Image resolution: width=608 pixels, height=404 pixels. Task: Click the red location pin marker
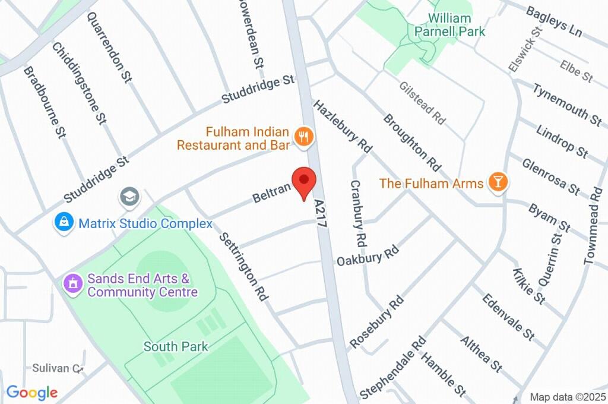click(x=305, y=182)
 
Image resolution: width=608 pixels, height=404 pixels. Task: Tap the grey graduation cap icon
click(x=129, y=197)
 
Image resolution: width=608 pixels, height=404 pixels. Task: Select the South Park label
click(x=176, y=346)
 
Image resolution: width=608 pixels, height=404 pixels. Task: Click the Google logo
click(x=32, y=392)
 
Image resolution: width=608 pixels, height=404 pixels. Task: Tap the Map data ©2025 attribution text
click(x=568, y=397)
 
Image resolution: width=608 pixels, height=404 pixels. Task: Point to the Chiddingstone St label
click(x=79, y=83)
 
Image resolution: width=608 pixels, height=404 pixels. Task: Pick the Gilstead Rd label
click(x=422, y=103)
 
